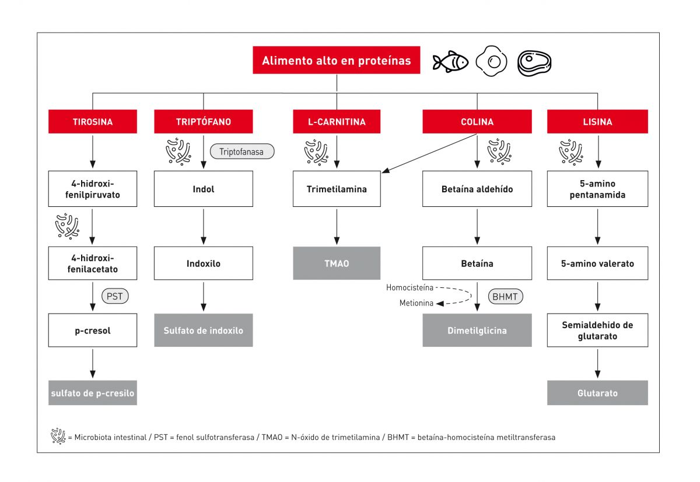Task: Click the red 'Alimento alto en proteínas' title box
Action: pos(337,61)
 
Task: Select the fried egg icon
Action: pos(492,61)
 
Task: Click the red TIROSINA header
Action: pos(93,122)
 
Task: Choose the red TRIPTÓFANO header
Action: pos(203,122)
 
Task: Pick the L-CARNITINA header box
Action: pos(337,122)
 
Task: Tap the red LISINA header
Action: pos(597,122)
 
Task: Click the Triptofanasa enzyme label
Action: pos(242,152)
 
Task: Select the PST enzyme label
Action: pos(115,296)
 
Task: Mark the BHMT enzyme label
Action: pos(505,296)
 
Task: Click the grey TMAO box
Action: pos(337,263)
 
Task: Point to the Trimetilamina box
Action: pos(337,189)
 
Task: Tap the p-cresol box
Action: pos(93,330)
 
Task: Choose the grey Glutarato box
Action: pos(597,393)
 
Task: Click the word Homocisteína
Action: pos(409,287)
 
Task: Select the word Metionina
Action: pos(416,303)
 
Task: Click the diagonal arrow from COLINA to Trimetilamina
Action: pos(429,153)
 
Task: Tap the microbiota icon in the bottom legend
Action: pos(58,436)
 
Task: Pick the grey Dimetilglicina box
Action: pos(477,330)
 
